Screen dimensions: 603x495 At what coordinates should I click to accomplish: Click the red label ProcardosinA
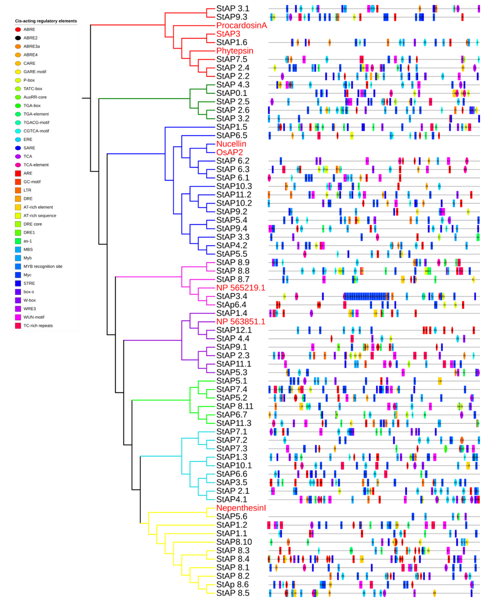(x=241, y=25)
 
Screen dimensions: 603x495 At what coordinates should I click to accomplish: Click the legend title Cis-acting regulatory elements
(x=46, y=21)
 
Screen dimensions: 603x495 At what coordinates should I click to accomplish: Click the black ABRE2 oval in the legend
(x=18, y=38)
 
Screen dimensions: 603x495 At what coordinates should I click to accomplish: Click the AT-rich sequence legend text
(x=40, y=216)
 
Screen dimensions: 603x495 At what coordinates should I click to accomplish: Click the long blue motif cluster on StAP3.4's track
(x=366, y=296)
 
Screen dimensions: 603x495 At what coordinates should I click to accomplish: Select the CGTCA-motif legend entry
(x=36, y=131)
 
